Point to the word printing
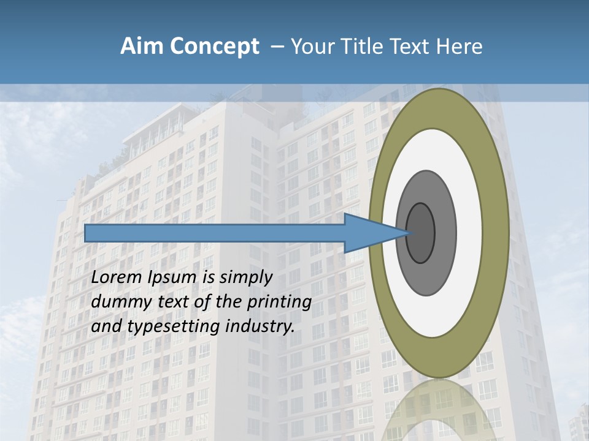(x=279, y=303)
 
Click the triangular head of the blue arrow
(x=368, y=233)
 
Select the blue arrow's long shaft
(x=215, y=233)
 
